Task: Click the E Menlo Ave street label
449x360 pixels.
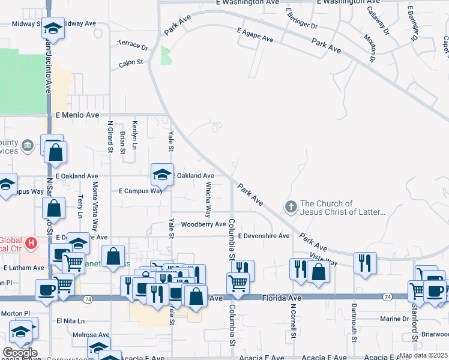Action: (77, 115)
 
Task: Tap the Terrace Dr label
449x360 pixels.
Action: (133, 45)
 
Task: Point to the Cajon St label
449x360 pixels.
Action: (131, 62)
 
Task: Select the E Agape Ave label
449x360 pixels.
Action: (255, 35)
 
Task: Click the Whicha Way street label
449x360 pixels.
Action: (209, 200)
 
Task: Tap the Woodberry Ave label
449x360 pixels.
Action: (203, 224)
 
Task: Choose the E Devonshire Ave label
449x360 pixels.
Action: (264, 236)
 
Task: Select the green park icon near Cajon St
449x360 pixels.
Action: (166, 56)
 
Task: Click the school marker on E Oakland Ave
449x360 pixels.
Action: (162, 175)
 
